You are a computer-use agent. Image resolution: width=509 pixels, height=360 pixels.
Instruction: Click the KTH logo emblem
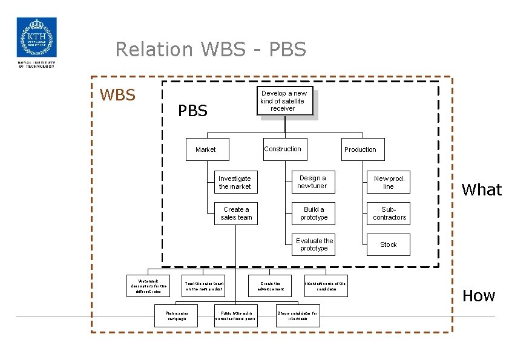pos(36,37)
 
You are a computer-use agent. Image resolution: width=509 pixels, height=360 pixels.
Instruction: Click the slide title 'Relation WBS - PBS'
pos(211,49)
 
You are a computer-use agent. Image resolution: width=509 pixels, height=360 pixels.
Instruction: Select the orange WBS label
pos(117,95)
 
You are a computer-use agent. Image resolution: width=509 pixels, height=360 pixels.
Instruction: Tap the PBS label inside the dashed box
pos(192,111)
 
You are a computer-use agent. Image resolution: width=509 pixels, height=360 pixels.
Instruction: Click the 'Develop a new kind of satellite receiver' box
pos(283,101)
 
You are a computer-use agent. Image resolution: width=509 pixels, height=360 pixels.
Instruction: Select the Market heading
pos(205,149)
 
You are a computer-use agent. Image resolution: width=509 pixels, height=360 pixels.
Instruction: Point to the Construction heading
pos(282,149)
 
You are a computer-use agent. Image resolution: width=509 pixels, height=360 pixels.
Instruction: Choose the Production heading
pos(360,149)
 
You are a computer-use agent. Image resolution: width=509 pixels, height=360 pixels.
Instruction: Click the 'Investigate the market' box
pos(235,183)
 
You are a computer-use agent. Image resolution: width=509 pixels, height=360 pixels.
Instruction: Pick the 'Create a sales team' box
pos(236,214)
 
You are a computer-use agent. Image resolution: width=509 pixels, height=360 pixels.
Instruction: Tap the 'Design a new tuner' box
pos(313,182)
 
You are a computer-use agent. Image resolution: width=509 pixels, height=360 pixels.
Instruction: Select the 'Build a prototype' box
pos(314,214)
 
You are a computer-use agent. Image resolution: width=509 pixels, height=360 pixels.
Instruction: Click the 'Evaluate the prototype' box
pos(314,244)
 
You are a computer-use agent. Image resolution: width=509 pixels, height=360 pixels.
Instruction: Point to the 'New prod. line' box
pos(389,182)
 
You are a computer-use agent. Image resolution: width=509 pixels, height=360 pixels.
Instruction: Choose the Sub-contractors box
pos(389,214)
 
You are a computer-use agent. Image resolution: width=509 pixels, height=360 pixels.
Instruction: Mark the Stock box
pos(389,244)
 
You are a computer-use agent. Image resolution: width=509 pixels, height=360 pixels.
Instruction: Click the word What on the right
pos(482,190)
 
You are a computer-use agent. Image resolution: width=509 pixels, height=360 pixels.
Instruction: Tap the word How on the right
pos(479,296)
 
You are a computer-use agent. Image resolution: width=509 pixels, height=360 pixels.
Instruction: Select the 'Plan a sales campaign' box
pos(177,316)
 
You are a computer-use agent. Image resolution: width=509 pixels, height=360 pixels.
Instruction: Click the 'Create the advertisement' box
pos(270,286)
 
